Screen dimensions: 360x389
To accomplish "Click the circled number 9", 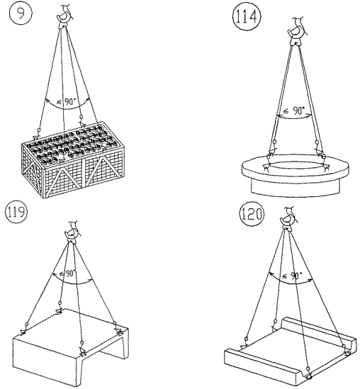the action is [21, 13].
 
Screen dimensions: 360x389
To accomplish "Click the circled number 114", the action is [247, 17].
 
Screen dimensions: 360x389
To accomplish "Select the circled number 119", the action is [16, 213].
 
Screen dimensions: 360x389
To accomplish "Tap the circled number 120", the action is [252, 214].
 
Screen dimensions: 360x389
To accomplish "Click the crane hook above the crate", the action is [65, 16].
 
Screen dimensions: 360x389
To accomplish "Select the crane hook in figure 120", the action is [288, 218].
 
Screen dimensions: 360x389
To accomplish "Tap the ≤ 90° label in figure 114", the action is [294, 111].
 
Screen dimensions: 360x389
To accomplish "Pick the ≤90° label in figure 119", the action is [67, 274].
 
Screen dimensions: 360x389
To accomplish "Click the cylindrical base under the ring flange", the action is [296, 187].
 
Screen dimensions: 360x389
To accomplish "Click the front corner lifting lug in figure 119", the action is [82, 354].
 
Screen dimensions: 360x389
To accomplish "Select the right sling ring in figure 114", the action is [317, 142].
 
